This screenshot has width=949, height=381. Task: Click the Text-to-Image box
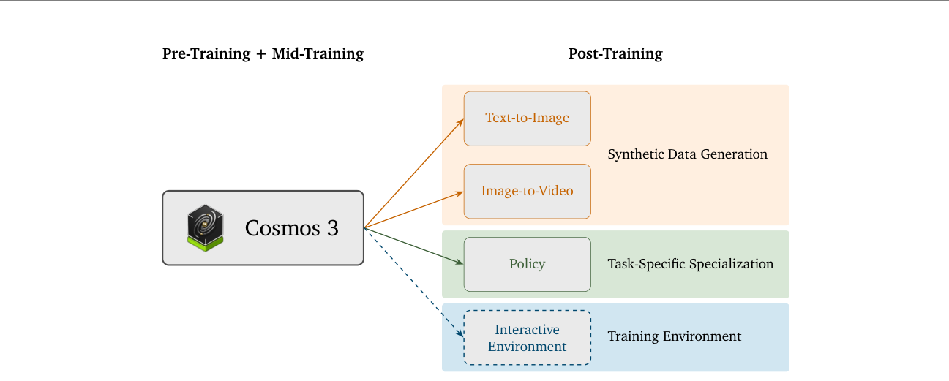[x=527, y=118]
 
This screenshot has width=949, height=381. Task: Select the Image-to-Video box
[x=527, y=192]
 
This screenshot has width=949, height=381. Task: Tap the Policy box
[x=527, y=264]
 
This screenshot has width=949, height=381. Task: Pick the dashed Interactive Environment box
[x=527, y=337]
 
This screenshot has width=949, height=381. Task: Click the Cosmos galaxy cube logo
[x=206, y=227]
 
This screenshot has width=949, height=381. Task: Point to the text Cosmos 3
[x=291, y=227]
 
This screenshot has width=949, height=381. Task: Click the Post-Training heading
[x=615, y=54]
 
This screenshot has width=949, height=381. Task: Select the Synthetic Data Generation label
[x=687, y=154]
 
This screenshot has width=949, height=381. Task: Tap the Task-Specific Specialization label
[x=690, y=264]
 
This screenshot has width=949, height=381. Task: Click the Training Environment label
[x=674, y=336]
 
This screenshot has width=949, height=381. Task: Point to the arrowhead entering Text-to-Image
[x=460, y=122]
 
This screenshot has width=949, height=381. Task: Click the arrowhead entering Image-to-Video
[x=460, y=193]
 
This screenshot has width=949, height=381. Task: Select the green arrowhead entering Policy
[x=460, y=263]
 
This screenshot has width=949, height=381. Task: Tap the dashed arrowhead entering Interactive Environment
[x=460, y=333]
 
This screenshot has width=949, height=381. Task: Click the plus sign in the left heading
[x=261, y=54]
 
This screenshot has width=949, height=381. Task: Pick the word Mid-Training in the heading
[x=318, y=54]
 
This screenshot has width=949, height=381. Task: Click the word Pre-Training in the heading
[x=206, y=54]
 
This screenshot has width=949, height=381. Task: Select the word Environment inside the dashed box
[x=527, y=347]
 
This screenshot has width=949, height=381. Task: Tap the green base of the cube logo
[x=206, y=245]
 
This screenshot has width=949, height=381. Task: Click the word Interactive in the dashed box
[x=527, y=329]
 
